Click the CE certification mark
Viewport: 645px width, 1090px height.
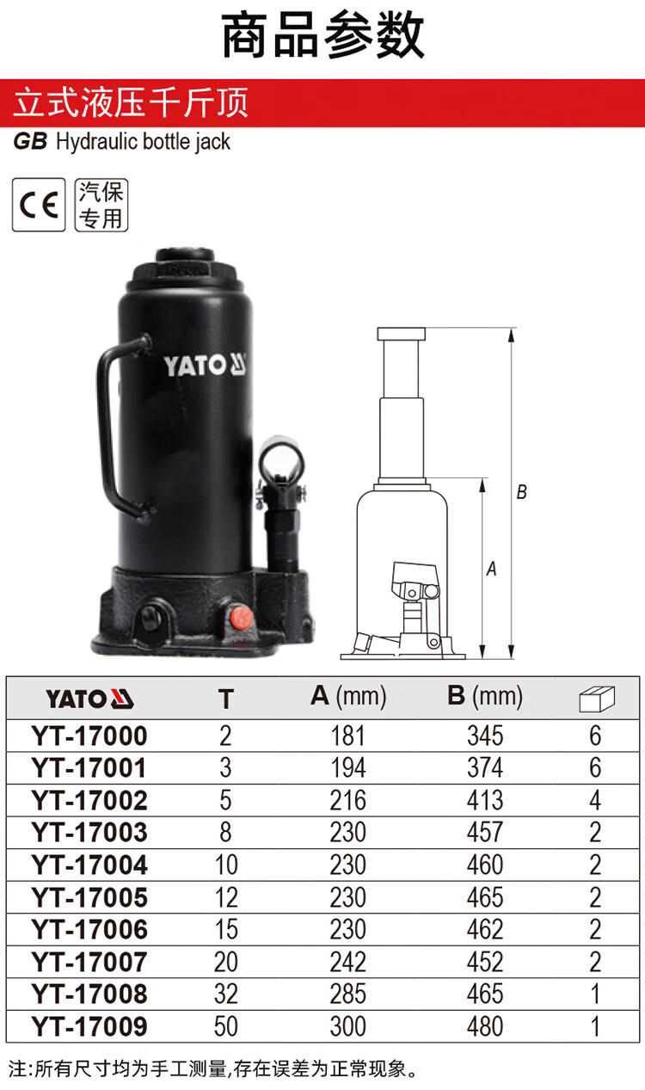point(39,205)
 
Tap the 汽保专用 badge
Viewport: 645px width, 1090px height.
point(101,205)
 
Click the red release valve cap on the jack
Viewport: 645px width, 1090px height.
point(240,617)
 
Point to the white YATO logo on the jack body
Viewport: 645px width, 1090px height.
point(206,365)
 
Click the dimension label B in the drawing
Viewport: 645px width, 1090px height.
point(521,492)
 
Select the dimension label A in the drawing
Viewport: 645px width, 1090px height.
point(491,569)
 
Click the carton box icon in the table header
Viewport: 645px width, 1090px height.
point(598,699)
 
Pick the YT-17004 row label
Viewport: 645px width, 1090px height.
point(89,865)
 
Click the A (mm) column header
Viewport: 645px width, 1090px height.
point(348,696)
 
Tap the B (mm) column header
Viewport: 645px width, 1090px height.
point(485,696)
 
